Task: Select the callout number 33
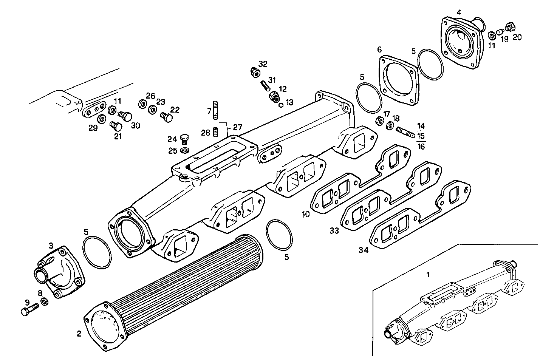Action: (334, 231)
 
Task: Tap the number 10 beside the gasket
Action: (306, 215)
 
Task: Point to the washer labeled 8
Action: (44, 301)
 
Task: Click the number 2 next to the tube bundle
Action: (79, 334)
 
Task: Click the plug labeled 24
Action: (184, 138)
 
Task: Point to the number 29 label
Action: (93, 128)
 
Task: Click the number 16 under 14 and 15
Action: (421, 147)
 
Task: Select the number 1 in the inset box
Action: (428, 275)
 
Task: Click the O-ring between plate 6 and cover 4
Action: (431, 64)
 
